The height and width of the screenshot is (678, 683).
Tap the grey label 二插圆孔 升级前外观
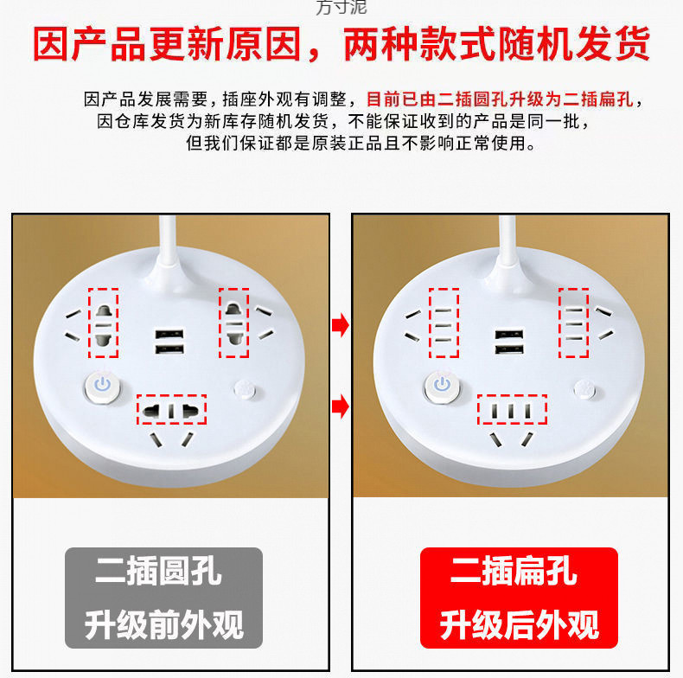(x=163, y=598)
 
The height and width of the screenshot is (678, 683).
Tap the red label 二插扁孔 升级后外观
(x=519, y=598)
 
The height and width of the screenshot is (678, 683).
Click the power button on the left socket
(x=102, y=385)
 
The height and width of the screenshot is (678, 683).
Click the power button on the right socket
(x=443, y=385)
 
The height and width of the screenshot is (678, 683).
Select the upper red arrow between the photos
(x=341, y=326)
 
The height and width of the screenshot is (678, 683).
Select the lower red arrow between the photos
(x=341, y=405)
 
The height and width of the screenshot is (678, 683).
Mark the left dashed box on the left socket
(x=104, y=323)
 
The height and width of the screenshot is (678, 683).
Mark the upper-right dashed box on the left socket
(x=233, y=323)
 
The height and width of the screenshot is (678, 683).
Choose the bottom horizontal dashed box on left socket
(x=170, y=409)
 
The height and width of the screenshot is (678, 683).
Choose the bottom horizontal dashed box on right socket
(x=514, y=409)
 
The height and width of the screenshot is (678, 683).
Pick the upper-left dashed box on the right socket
(x=444, y=323)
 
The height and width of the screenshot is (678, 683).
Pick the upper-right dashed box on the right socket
(x=573, y=323)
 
